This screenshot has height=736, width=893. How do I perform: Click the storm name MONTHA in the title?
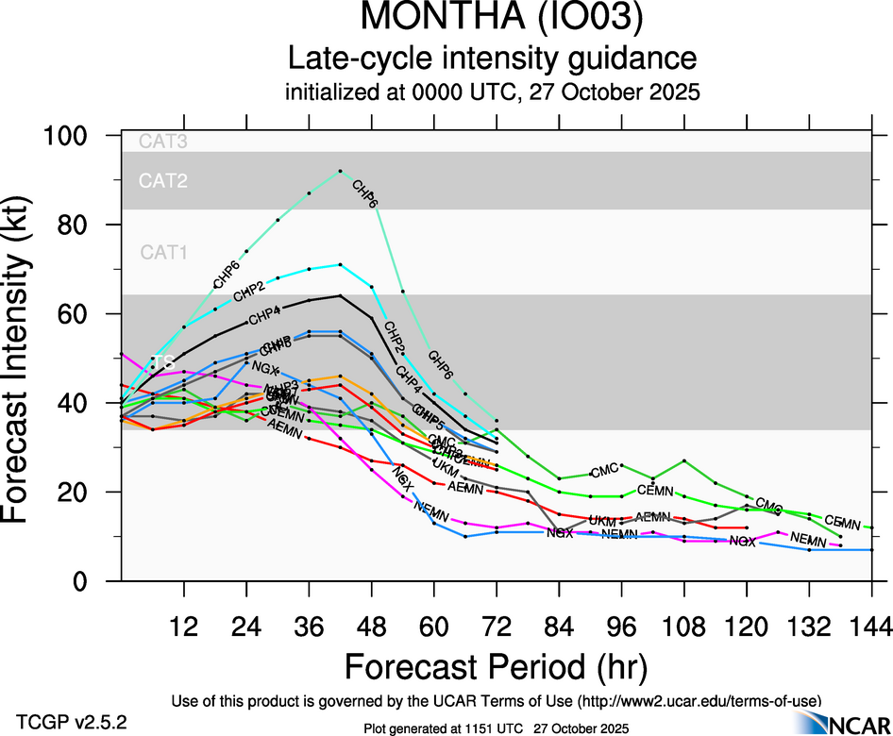click(x=435, y=20)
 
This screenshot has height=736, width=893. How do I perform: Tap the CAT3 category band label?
click(x=163, y=142)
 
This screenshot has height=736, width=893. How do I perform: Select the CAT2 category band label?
click(x=163, y=180)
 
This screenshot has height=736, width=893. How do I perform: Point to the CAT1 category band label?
click(x=163, y=252)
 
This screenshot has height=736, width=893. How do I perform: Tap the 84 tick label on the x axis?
click(x=559, y=627)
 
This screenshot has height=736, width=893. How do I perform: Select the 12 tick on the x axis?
click(x=183, y=627)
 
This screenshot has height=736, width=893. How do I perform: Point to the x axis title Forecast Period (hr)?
click(x=496, y=667)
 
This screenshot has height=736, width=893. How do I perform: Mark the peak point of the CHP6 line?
click(x=340, y=171)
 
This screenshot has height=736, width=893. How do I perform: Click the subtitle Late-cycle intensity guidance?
click(x=492, y=59)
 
